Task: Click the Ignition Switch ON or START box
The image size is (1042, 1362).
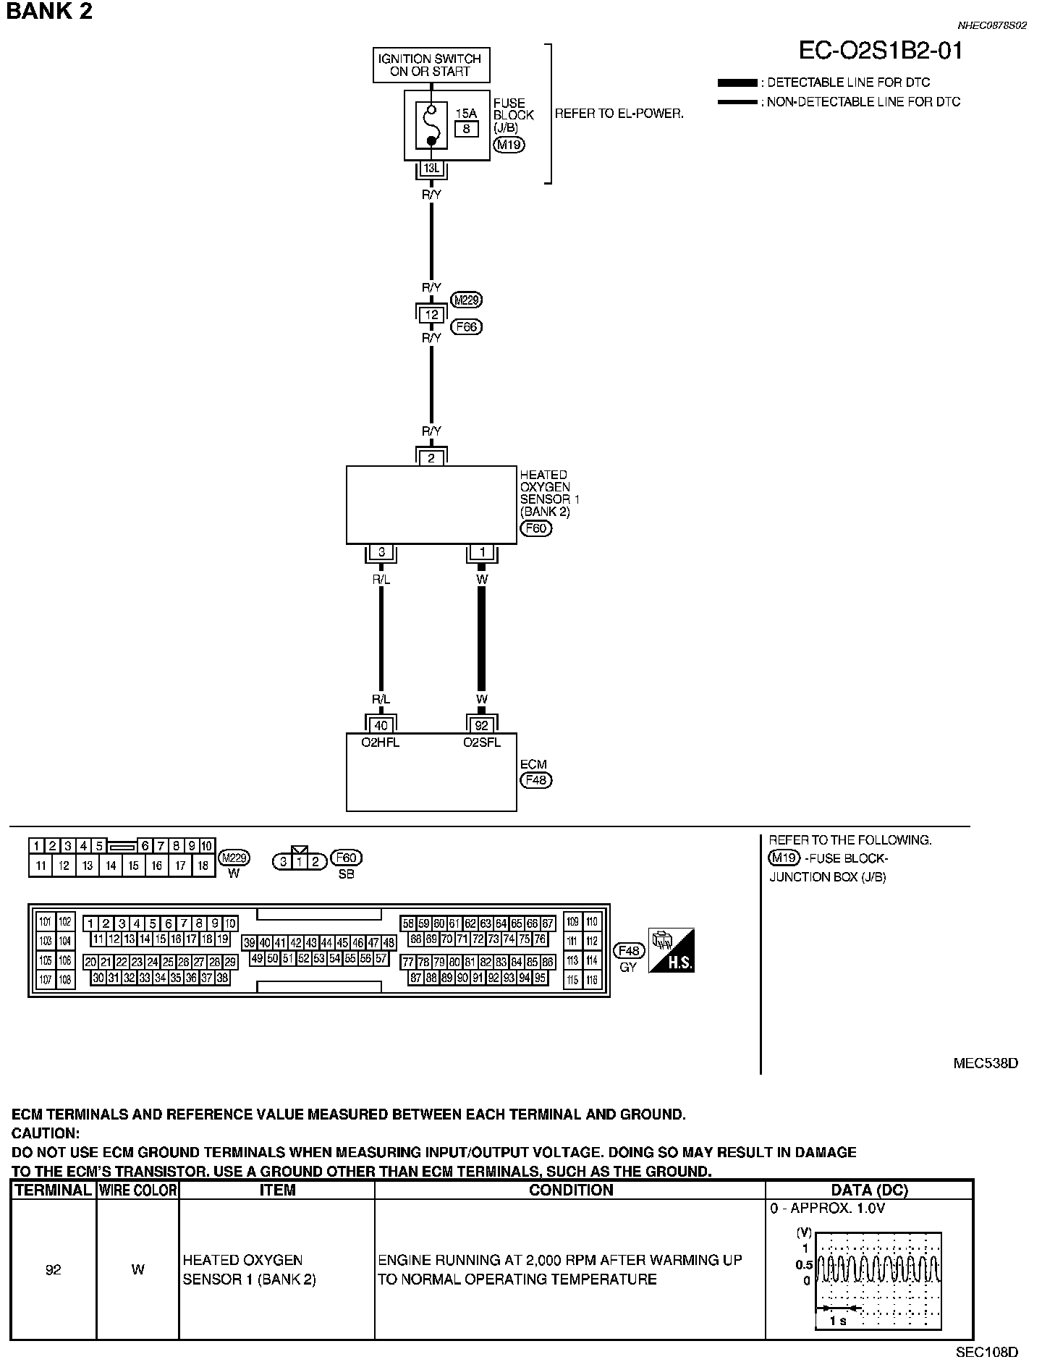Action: click(x=431, y=65)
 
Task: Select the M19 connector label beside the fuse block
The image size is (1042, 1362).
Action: click(x=509, y=145)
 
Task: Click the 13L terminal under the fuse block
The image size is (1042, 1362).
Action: click(x=431, y=169)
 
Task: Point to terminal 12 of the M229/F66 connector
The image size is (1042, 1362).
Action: click(x=432, y=315)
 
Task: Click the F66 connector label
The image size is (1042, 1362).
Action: click(x=467, y=327)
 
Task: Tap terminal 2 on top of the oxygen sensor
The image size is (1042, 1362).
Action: click(x=431, y=457)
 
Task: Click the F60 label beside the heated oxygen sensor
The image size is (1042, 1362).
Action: click(x=535, y=528)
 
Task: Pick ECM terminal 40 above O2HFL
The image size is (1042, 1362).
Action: click(x=381, y=725)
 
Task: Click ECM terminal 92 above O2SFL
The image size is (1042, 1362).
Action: click(x=482, y=725)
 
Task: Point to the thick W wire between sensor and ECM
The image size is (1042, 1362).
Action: click(x=482, y=637)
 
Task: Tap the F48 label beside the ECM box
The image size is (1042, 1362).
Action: click(x=535, y=780)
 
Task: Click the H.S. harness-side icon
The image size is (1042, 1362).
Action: click(x=672, y=950)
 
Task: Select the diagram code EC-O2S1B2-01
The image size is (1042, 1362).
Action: click(x=881, y=51)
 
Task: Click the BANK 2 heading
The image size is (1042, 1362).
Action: click(x=49, y=12)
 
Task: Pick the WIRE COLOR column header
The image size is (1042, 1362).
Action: click(x=137, y=1190)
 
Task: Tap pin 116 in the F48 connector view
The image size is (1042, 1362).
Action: click(x=593, y=981)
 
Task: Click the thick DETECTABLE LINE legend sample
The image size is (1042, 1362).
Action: click(x=737, y=83)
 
